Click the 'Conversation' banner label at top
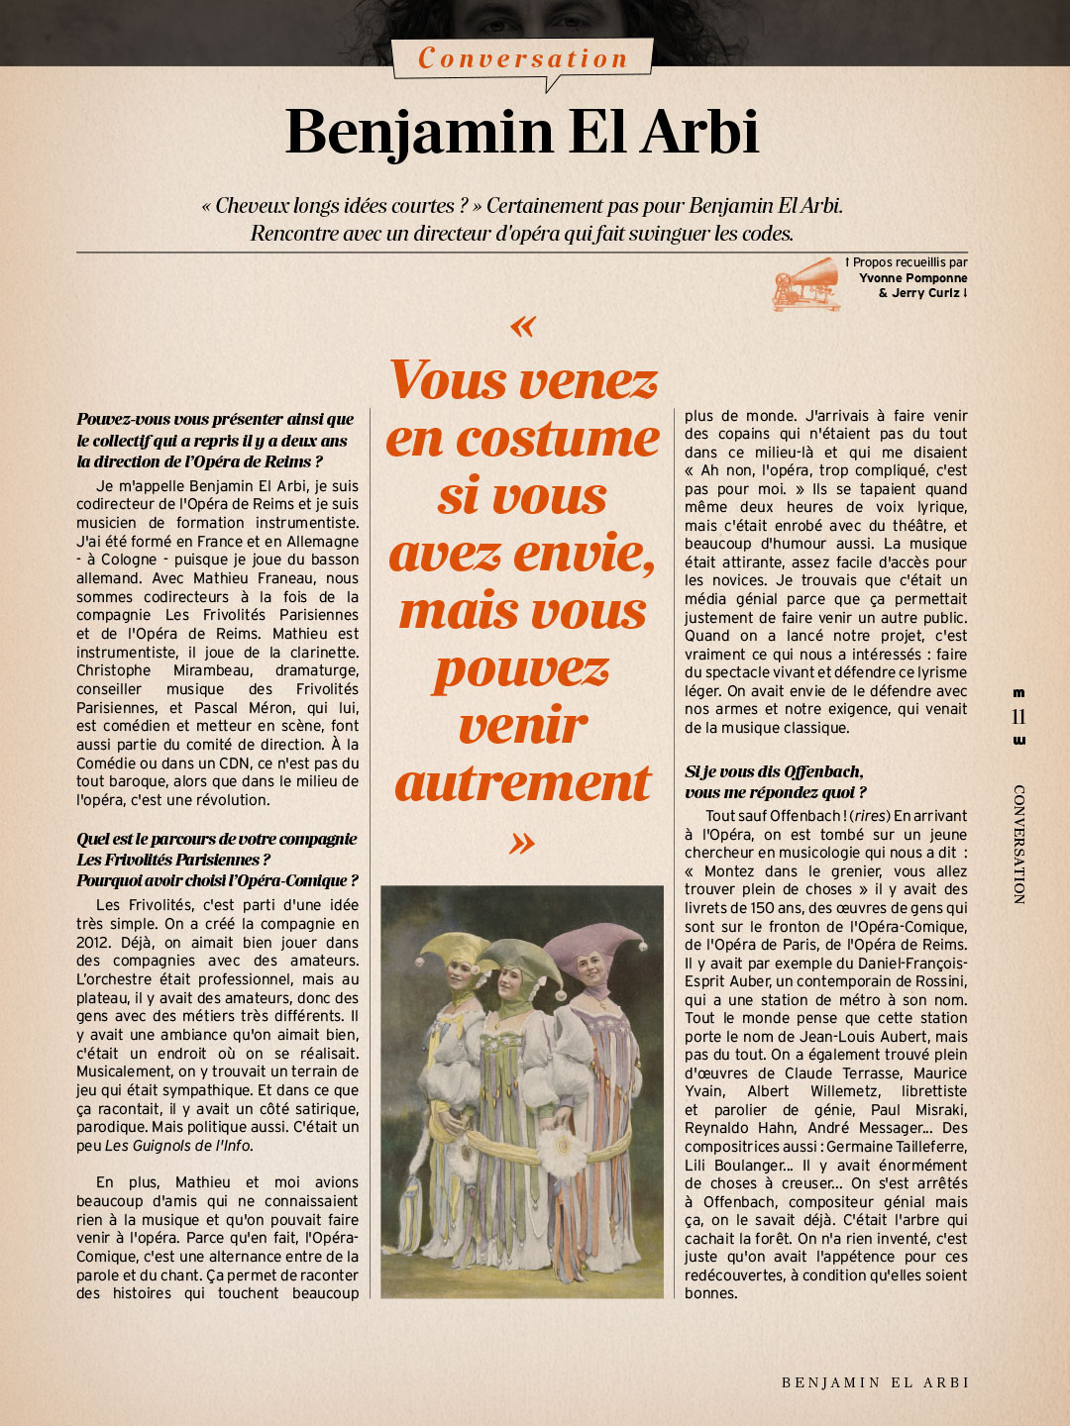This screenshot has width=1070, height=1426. click(x=523, y=58)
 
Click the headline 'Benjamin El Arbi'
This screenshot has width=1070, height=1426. click(x=522, y=132)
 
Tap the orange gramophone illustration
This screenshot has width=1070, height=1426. click(x=805, y=283)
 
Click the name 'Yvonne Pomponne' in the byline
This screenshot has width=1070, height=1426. click(x=912, y=278)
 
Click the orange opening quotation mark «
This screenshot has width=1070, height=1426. click(x=522, y=326)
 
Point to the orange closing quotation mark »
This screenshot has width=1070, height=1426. click(x=522, y=843)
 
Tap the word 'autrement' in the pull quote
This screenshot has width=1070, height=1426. click(x=522, y=783)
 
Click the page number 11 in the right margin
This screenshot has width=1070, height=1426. click(x=1018, y=717)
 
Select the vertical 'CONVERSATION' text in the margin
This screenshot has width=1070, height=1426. click(x=1018, y=844)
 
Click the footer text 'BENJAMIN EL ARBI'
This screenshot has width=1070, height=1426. click(x=875, y=1382)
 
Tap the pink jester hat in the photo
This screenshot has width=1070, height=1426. click(x=594, y=941)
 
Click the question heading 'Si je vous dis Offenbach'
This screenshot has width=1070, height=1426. click(x=774, y=771)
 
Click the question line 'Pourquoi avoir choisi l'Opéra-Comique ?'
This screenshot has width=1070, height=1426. click(x=217, y=880)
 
